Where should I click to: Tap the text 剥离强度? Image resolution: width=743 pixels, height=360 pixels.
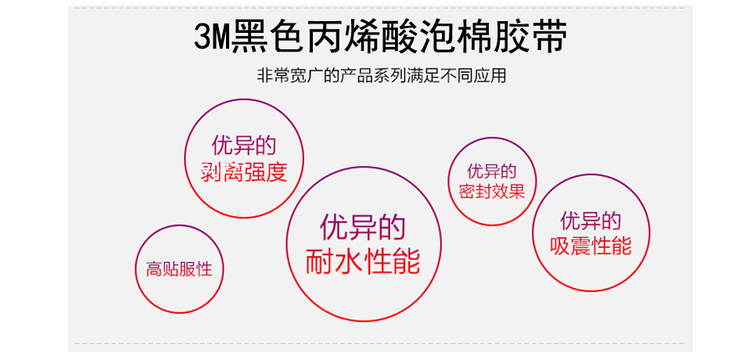coord(244,171)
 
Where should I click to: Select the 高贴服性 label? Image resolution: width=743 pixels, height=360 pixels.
coord(179,270)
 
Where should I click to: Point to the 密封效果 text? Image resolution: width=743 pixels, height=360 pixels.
coord(492,192)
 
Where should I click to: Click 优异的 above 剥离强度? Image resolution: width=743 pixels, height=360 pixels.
coord(244,146)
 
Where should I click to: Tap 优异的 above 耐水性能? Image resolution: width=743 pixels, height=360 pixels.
coord(363,227)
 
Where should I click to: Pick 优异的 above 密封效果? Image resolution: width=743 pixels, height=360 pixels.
coord(492,171)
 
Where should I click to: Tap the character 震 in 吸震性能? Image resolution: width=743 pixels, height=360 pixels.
coord(581,247)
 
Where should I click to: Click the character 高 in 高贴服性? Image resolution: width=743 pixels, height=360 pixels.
coord(154,270)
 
